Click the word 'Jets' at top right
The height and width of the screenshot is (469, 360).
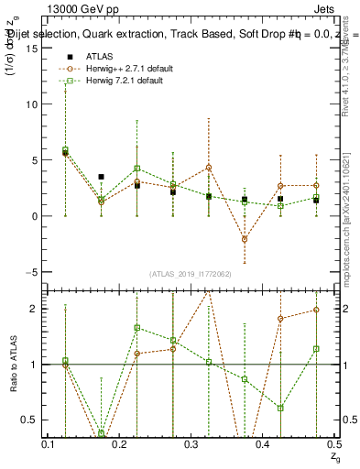pyautogui.click(x=325, y=7)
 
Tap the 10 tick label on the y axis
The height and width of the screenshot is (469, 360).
pyautogui.click(x=37, y=104)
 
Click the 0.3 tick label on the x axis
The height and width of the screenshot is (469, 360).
pyautogui.click(x=191, y=443)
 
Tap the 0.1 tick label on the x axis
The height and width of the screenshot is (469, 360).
pyautogui.click(x=49, y=443)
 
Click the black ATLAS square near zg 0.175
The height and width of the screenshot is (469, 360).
pyautogui.click(x=101, y=176)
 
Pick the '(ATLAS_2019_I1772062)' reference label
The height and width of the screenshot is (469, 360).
pyautogui.click(x=191, y=274)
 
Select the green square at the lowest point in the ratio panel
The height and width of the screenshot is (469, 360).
pyautogui.click(x=101, y=432)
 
